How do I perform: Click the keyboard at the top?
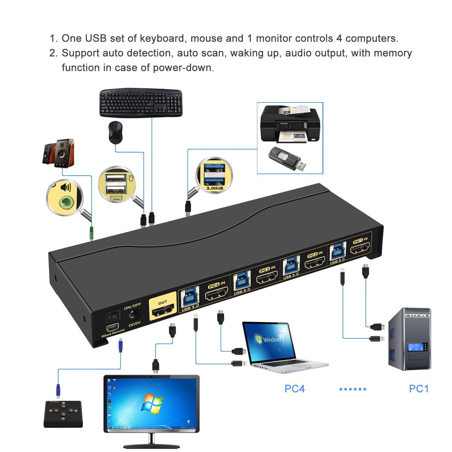tap(141, 102)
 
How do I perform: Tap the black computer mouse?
tap(115, 133)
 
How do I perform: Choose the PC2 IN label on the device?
tap(315, 255)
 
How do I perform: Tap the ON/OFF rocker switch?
tap(112, 316)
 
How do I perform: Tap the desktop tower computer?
tap(409, 339)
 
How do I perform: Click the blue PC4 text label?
tap(294, 389)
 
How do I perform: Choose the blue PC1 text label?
tap(418, 389)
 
